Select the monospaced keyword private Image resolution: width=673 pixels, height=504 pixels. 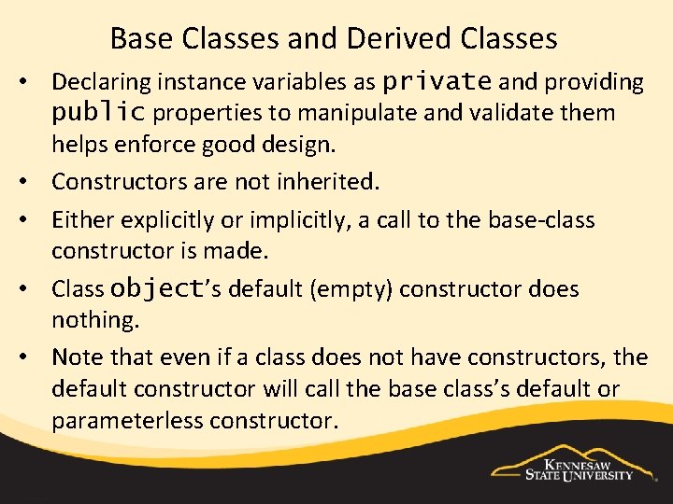[x=437, y=82]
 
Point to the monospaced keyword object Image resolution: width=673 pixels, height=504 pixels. [x=156, y=289]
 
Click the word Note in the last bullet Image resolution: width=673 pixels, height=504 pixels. [x=78, y=357]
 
